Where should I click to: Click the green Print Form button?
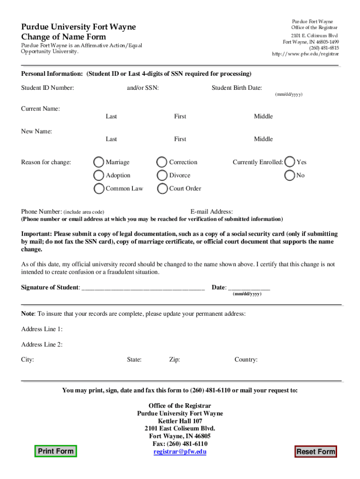click(56, 451)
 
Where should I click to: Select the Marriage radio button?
click(99, 162)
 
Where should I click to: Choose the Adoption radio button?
click(99, 175)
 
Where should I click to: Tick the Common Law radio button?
click(99, 189)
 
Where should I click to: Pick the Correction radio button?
click(162, 162)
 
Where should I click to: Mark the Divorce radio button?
click(162, 175)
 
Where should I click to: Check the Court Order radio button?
click(162, 189)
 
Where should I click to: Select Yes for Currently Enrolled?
click(290, 162)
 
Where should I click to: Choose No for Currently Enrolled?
click(290, 175)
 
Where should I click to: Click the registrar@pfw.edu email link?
click(180, 452)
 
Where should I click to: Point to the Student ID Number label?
click(47, 87)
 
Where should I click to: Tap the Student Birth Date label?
click(237, 87)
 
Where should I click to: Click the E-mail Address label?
click(211, 212)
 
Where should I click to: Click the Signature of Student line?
click(143, 288)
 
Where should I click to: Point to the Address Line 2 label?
click(42, 345)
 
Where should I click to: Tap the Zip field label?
click(174, 360)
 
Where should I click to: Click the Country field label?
click(246, 360)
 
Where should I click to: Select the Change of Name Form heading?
click(64, 37)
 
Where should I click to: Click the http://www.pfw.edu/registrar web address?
click(305, 54)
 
